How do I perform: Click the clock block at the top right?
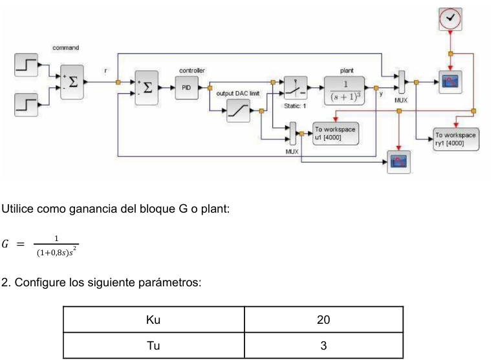coord(450,19)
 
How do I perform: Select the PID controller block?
coord(187,88)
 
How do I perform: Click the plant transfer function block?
coord(345,90)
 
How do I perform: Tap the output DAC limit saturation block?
coord(238,111)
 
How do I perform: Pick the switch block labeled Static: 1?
coord(296,88)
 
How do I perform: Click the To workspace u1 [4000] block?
coord(336,133)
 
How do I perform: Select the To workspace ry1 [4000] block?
coord(456,139)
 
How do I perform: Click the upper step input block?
coord(26,65)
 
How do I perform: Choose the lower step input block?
coord(26,105)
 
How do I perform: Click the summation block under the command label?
coord(72,82)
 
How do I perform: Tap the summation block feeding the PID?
coord(146,88)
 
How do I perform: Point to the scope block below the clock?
coord(450,82)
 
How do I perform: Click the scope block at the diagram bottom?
coord(399,162)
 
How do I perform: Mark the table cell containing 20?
coord(323,319)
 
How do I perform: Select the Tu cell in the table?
coord(154,346)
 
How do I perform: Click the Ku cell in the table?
coord(154,319)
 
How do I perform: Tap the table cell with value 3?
coord(323,346)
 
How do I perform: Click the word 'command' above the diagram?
coord(65,48)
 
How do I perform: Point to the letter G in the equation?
coord(5,244)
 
